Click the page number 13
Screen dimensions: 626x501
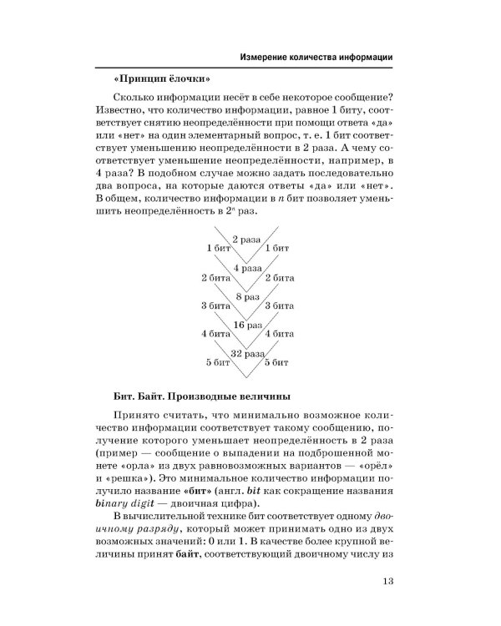[386, 583]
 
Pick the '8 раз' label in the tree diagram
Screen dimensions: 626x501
[247, 296]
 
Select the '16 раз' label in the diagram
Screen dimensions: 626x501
[247, 324]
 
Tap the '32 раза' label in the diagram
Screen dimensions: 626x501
[247, 353]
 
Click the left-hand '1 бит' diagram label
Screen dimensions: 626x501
[219, 249]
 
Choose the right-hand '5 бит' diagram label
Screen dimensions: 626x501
[277, 362]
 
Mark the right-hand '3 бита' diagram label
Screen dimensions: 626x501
[278, 305]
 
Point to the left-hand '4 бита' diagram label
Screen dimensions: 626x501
[215, 334]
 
